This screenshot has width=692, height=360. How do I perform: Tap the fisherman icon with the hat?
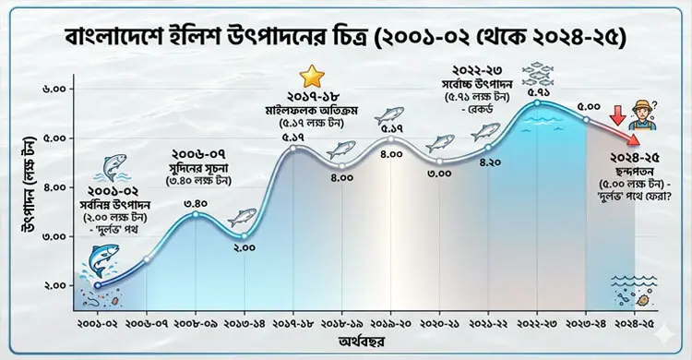click(636, 116)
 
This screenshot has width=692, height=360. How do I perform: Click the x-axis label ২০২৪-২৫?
click(636, 325)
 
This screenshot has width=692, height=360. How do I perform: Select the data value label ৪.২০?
click(489, 162)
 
